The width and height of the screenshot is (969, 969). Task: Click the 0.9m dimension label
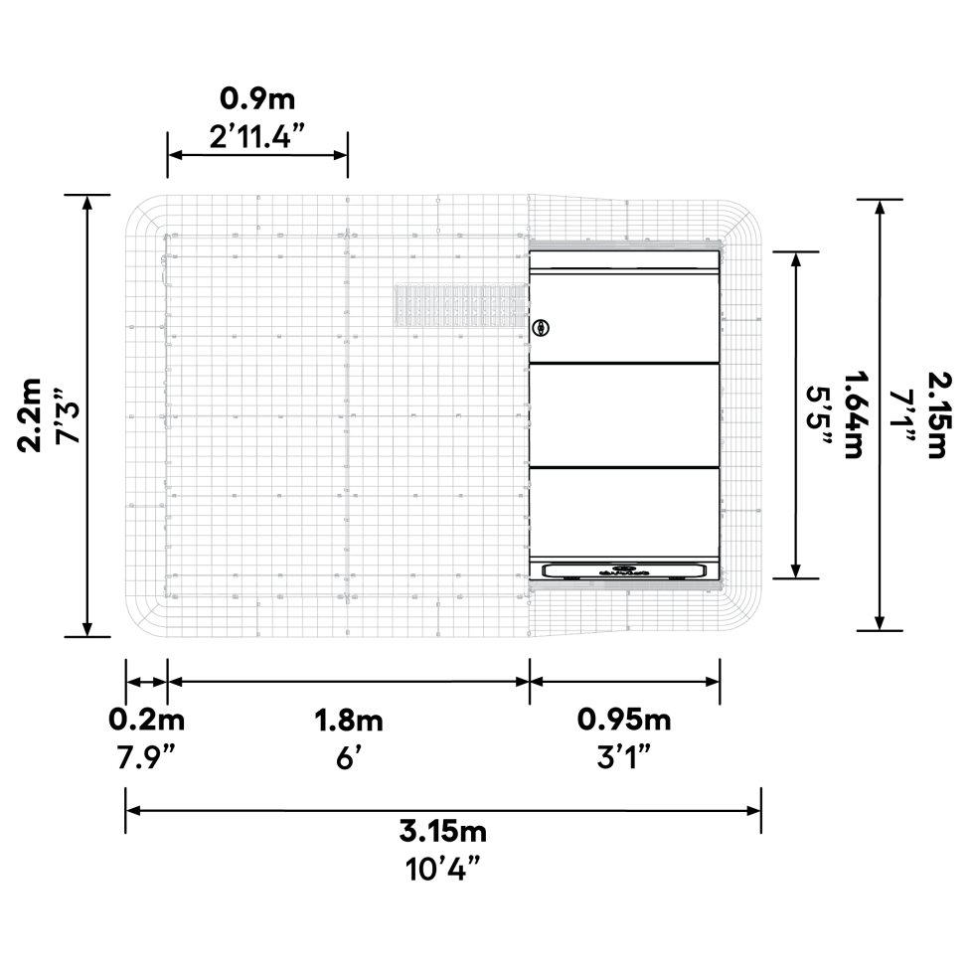tap(257, 99)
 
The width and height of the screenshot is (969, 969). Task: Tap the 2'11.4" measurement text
tap(256, 136)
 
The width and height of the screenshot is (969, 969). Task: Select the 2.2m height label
tap(32, 414)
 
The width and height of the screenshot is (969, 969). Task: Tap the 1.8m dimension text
tap(348, 719)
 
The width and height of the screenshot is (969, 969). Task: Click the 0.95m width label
tap(624, 719)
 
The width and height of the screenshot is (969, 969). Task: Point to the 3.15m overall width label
tap(443, 830)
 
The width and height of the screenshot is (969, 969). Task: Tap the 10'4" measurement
tap(443, 869)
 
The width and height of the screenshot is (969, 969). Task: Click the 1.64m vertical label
tap(855, 415)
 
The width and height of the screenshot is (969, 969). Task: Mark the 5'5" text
tap(819, 415)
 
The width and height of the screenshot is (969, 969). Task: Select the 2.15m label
tap(940, 415)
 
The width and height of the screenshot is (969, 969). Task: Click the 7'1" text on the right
tap(904, 415)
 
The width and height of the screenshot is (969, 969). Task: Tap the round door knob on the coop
tap(541, 327)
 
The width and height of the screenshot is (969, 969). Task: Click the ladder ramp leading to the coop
tap(459, 307)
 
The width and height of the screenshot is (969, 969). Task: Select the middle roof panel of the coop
tap(624, 414)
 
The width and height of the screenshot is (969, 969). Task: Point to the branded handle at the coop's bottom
tap(624, 571)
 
